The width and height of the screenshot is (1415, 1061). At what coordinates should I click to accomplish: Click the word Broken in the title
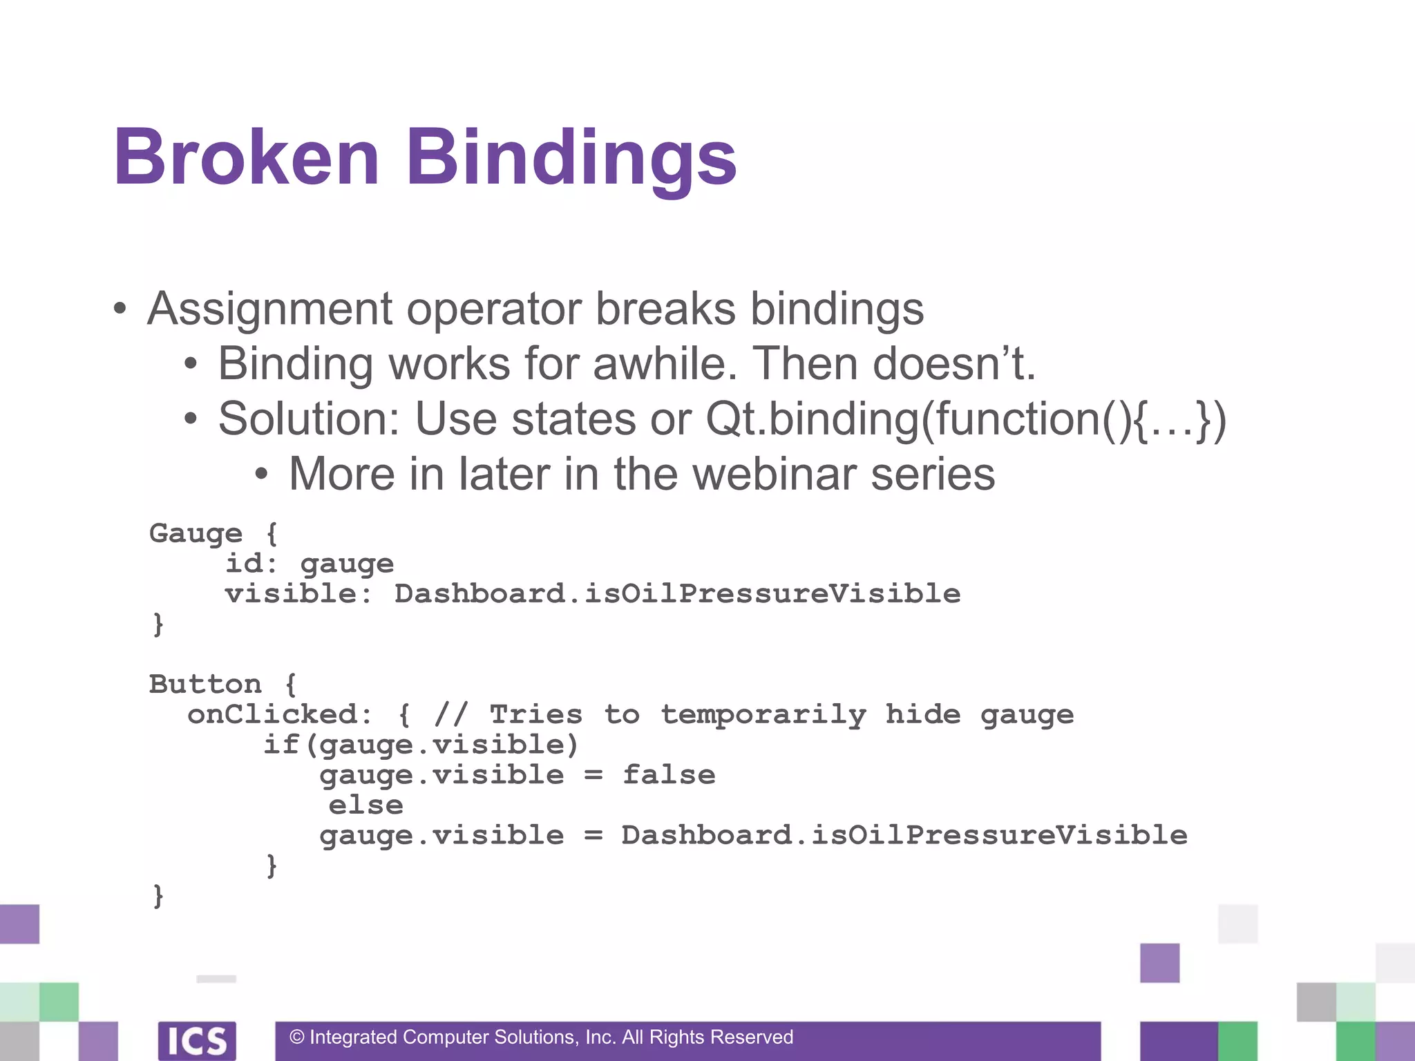(x=247, y=157)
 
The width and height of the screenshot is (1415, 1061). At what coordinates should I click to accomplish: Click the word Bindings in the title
(x=571, y=159)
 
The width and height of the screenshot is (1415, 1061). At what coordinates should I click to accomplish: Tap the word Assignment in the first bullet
(x=270, y=309)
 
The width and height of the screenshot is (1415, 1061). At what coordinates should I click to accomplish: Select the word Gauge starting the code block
(x=196, y=534)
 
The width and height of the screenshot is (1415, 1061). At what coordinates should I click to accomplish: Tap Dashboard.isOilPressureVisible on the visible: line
(x=677, y=594)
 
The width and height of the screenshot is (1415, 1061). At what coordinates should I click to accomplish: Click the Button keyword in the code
(x=205, y=685)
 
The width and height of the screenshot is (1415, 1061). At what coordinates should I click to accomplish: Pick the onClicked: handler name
(x=280, y=715)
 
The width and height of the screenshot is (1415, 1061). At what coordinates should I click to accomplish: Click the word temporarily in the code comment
(x=763, y=715)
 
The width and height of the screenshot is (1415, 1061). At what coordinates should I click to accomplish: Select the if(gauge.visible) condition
(x=421, y=745)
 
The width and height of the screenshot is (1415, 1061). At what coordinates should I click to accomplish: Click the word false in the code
(x=669, y=775)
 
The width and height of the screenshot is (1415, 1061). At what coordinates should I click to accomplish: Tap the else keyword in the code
(x=365, y=805)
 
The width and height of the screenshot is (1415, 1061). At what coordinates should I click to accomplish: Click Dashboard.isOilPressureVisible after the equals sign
(x=904, y=836)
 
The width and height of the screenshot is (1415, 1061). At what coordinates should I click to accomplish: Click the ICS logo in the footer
(x=197, y=1040)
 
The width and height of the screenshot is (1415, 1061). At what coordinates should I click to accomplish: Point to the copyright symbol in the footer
(x=297, y=1038)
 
